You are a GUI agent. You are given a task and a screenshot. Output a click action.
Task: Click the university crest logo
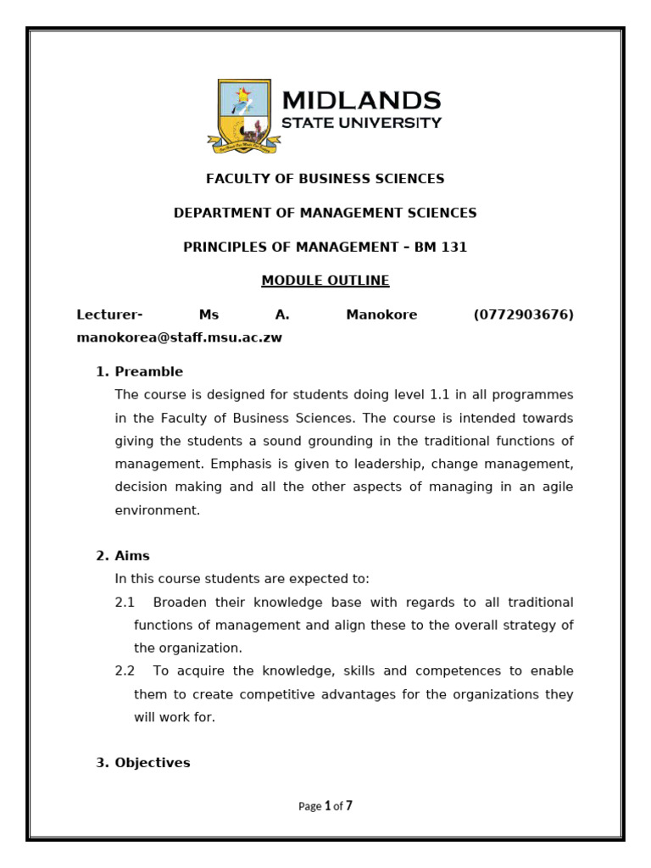(244, 116)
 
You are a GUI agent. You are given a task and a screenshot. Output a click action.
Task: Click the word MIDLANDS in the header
(361, 101)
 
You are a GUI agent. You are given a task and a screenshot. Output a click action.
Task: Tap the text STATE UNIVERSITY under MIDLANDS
(361, 123)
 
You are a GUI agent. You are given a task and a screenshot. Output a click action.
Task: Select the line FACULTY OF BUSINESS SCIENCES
(325, 179)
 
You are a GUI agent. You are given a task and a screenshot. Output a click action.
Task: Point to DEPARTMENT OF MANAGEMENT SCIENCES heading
(325, 213)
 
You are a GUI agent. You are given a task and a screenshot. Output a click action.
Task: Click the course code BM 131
(441, 248)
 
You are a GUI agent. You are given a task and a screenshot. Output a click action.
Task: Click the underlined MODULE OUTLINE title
(325, 281)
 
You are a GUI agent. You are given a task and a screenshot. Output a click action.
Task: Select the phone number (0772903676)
(523, 315)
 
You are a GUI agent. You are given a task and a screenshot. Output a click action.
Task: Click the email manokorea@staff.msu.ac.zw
(179, 337)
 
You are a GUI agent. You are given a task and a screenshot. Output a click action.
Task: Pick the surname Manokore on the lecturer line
(381, 315)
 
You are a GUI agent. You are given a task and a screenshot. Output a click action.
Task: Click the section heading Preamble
(148, 372)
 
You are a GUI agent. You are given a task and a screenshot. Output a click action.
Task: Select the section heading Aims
(132, 556)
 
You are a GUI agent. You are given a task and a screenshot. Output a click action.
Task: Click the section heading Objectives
(153, 763)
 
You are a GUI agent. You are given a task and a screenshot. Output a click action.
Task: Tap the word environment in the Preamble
(158, 511)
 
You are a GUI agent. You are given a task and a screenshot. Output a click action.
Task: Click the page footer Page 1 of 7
(325, 806)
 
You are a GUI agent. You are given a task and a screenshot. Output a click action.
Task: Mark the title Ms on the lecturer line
(209, 315)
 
